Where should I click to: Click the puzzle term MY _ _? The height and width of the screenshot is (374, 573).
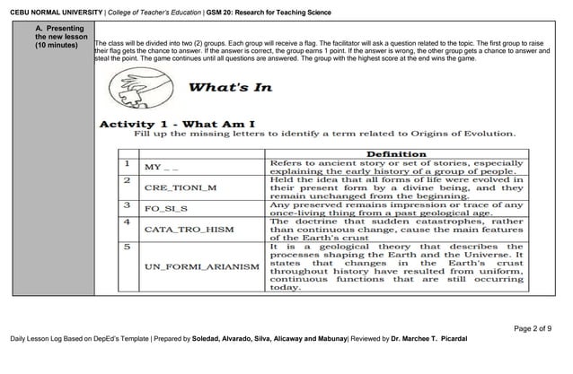[162, 167]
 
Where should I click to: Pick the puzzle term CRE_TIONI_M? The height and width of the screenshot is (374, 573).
[180, 188]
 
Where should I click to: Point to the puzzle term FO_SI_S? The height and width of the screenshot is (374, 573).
[166, 208]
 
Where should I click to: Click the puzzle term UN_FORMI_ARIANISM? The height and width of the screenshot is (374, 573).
[197, 266]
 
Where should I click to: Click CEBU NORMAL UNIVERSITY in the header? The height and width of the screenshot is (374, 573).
[47, 12]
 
